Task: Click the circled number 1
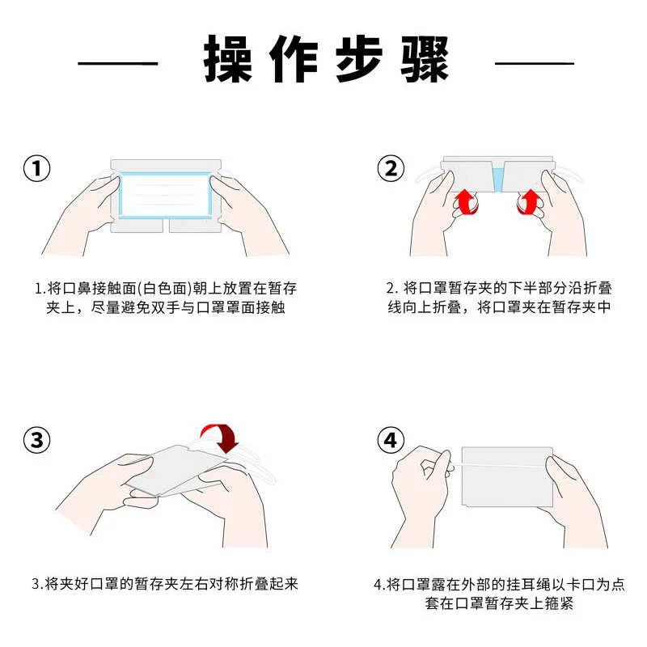click(36, 168)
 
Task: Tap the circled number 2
click(391, 168)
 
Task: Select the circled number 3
click(36, 440)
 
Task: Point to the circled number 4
click(391, 440)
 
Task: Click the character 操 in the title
click(228, 58)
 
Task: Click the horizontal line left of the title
click(118, 64)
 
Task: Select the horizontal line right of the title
click(535, 64)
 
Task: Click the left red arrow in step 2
click(466, 202)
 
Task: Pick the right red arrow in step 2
click(530, 202)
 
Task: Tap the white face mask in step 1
click(165, 195)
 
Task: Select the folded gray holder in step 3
click(176, 470)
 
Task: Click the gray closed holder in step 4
click(507, 476)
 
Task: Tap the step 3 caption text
click(165, 584)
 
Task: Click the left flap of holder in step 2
click(468, 176)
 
